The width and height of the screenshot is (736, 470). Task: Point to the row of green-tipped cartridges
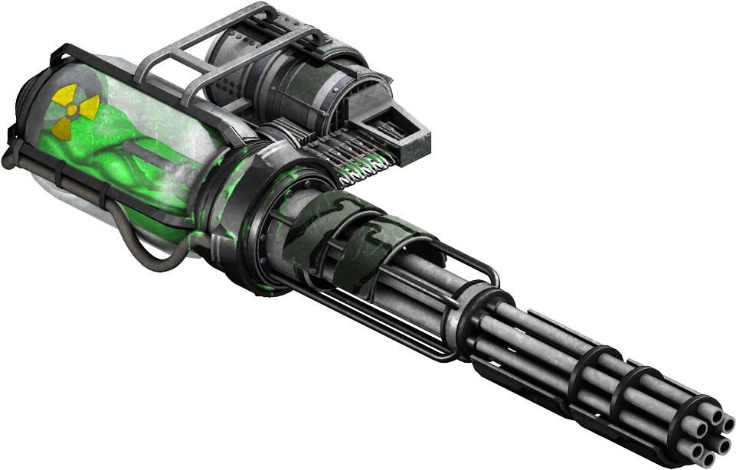click(x=360, y=161)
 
